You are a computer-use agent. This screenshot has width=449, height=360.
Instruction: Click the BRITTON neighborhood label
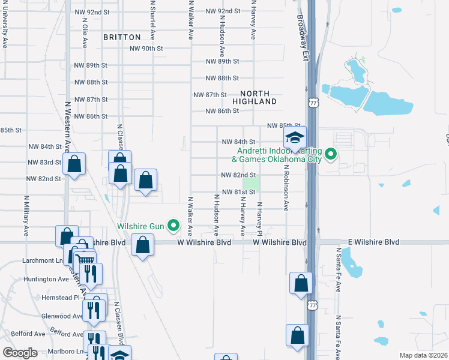click(122, 37)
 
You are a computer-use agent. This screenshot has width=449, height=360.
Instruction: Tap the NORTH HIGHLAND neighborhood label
click(259, 97)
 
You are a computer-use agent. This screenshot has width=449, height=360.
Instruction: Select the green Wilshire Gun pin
click(174, 226)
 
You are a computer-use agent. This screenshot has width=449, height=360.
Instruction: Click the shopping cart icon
click(85, 260)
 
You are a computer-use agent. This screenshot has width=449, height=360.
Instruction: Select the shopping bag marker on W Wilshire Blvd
click(142, 245)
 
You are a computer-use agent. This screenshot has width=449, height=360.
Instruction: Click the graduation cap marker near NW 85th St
click(295, 138)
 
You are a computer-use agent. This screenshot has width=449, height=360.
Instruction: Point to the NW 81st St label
click(239, 192)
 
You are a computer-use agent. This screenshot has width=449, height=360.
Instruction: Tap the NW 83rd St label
click(44, 163)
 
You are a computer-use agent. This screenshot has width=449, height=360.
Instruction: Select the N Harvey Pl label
click(260, 218)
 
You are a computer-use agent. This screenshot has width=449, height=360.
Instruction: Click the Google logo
click(20, 352)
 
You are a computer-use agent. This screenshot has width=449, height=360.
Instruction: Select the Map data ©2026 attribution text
click(424, 355)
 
